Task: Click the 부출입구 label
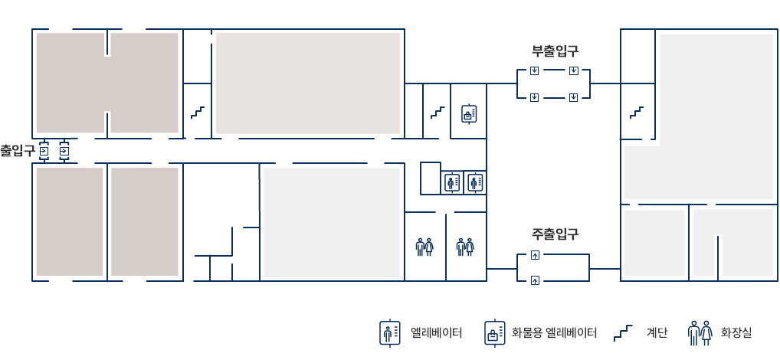555,51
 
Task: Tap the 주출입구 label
555,234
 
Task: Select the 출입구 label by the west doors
18,150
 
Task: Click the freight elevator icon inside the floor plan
469,114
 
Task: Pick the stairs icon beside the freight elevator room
438,113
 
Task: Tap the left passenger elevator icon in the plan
452,182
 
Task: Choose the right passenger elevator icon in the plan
474,182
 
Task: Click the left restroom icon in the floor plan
424,247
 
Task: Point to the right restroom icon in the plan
465,247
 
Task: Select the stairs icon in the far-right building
637,113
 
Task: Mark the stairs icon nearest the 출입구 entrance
198,113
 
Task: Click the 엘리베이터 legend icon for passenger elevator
389,332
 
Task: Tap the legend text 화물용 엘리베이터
554,332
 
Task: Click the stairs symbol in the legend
623,332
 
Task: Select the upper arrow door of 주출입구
536,255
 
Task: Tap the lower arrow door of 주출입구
536,280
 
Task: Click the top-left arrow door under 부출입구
534,70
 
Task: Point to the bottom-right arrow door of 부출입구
573,97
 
